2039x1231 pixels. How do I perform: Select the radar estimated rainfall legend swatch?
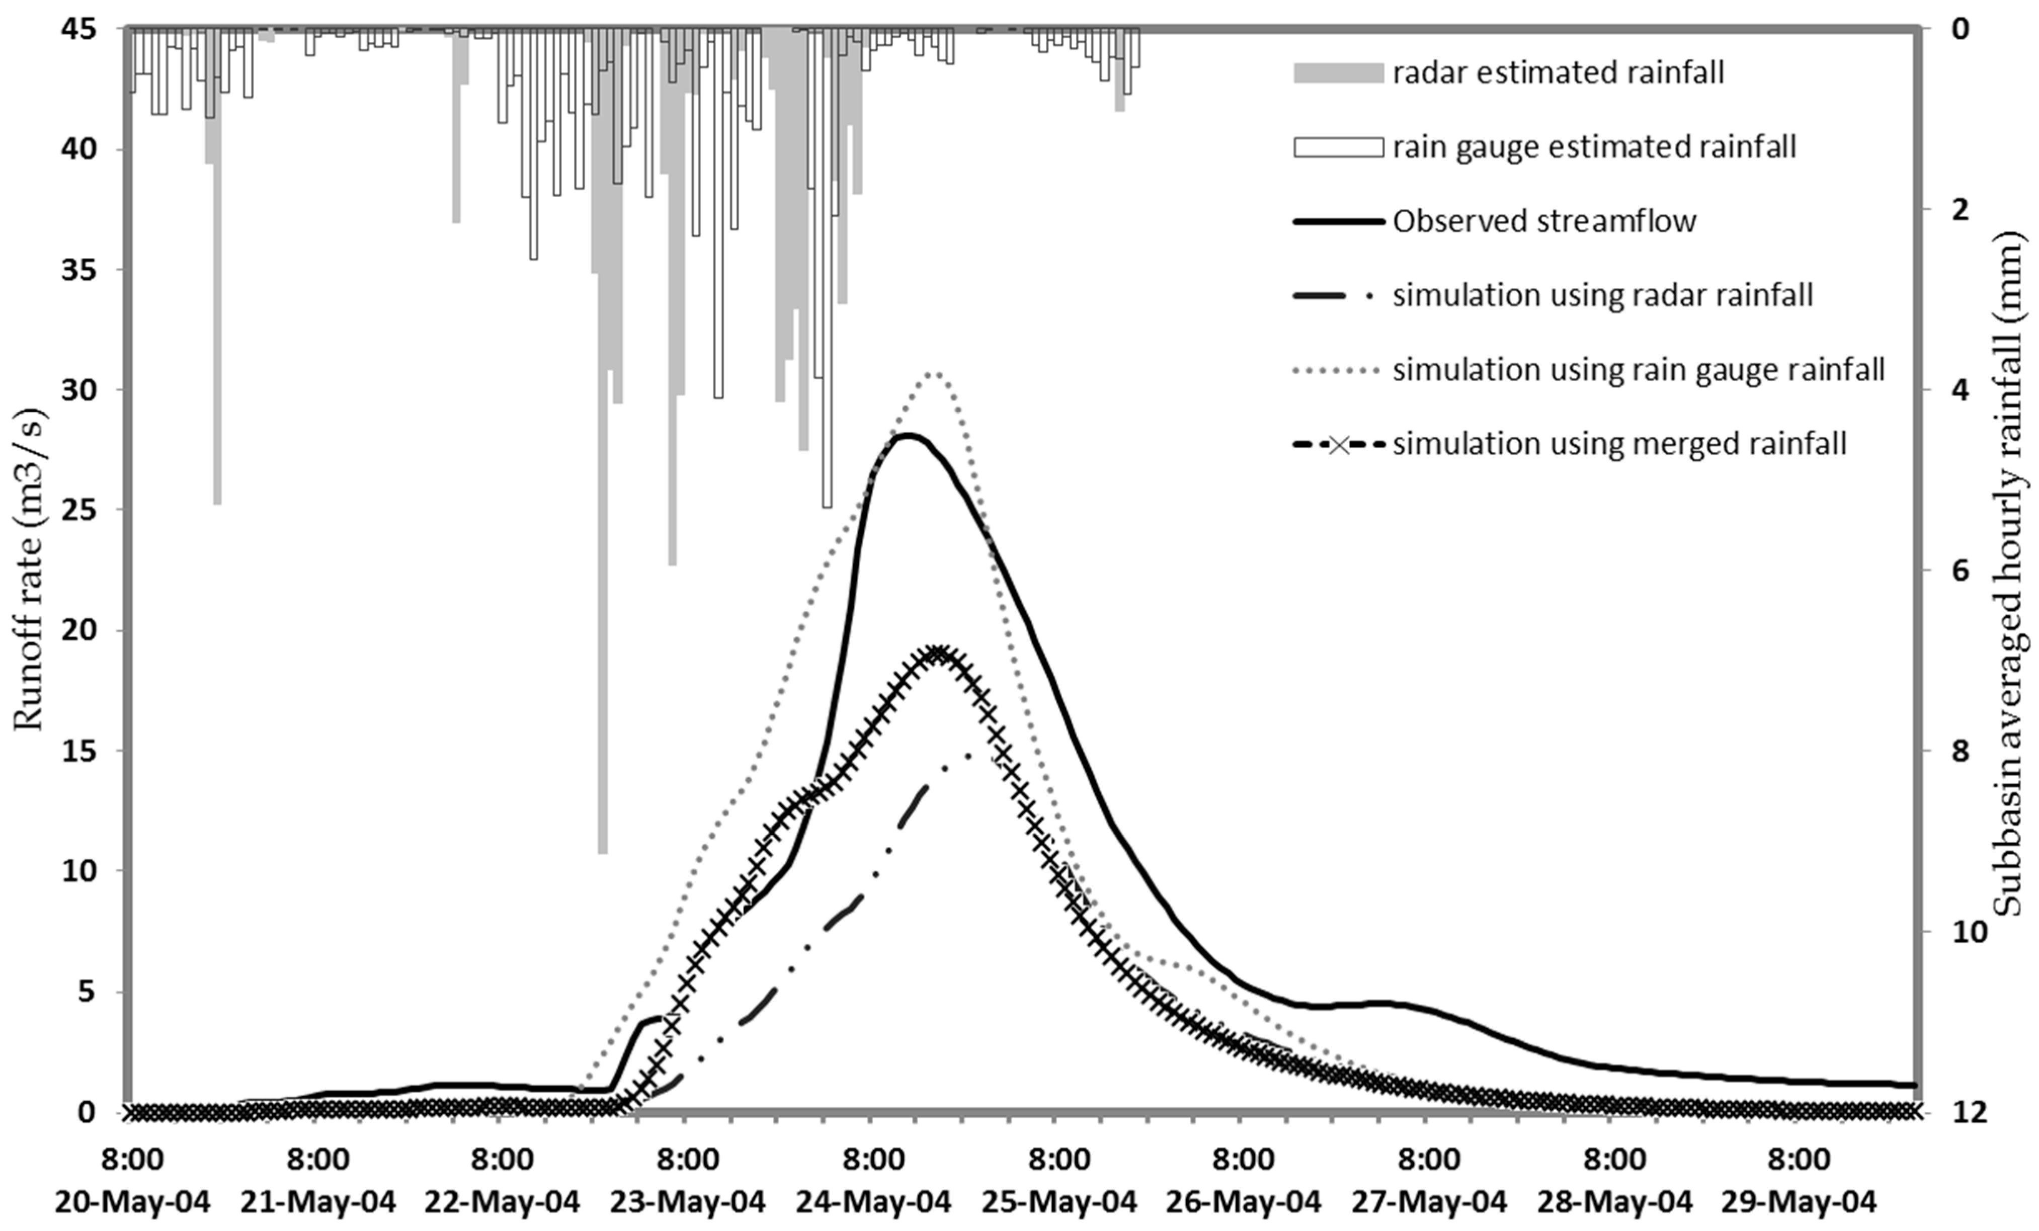point(1338,73)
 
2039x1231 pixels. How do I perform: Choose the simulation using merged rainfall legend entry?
point(1618,444)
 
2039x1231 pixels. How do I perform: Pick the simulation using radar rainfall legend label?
point(1602,295)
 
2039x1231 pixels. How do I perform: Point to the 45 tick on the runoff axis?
point(81,30)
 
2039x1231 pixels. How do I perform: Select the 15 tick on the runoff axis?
point(81,751)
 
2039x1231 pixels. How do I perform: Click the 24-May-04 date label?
point(874,1201)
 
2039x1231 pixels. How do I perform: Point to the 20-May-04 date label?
point(132,1201)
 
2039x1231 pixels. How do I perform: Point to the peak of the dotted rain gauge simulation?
point(933,374)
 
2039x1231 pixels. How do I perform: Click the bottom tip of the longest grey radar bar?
point(603,852)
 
